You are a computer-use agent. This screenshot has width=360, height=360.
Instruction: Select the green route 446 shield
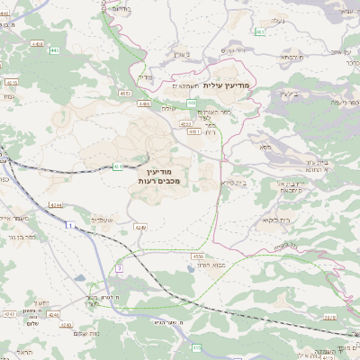tap(192, 103)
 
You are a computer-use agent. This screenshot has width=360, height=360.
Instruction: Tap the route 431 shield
tap(118, 166)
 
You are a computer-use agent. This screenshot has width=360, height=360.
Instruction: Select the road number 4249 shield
tap(140, 226)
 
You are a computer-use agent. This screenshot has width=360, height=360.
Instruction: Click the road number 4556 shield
tap(198, 256)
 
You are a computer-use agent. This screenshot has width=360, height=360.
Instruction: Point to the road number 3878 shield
tap(328, 317)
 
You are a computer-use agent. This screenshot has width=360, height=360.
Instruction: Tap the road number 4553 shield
tap(125, 93)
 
